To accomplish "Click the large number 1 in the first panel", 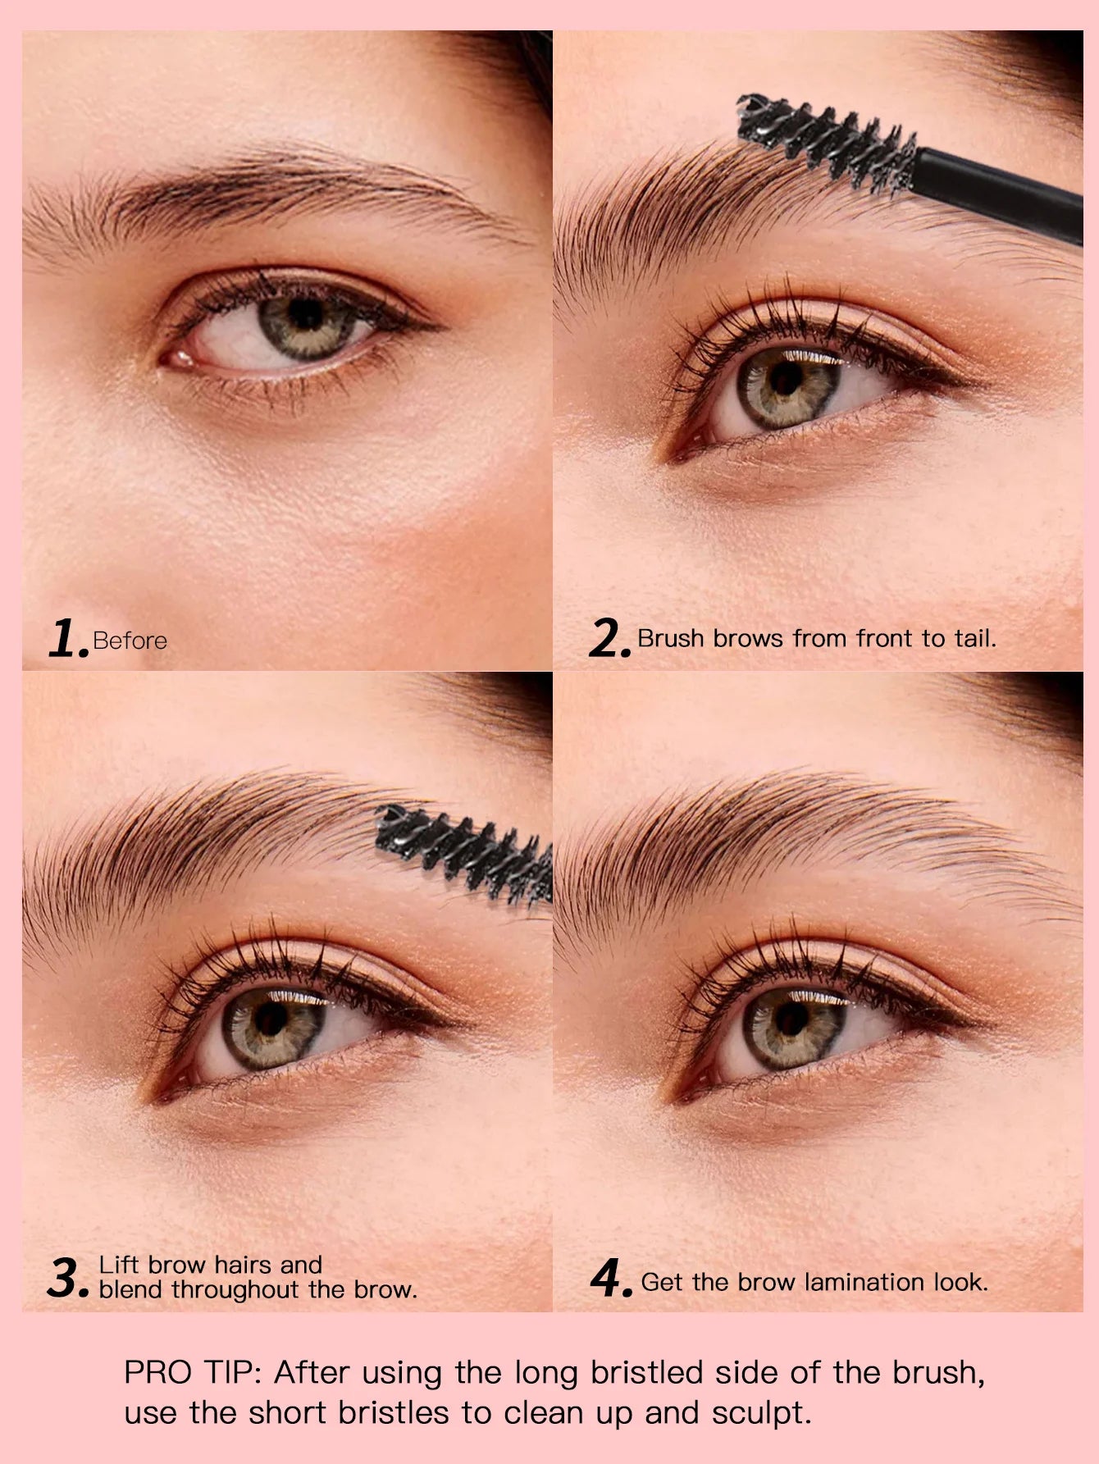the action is pos(66,639).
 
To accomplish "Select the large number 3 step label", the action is pos(66,1278).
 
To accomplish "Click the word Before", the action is pos(130,641).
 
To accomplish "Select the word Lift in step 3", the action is pos(118,1265).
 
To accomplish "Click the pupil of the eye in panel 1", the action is pos(305,314).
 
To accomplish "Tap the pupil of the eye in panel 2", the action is pos(786,378).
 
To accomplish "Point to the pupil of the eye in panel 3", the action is pos(270,1019).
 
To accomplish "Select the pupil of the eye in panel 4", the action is pos(792,1018).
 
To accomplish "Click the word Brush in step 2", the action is pos(671,638).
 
